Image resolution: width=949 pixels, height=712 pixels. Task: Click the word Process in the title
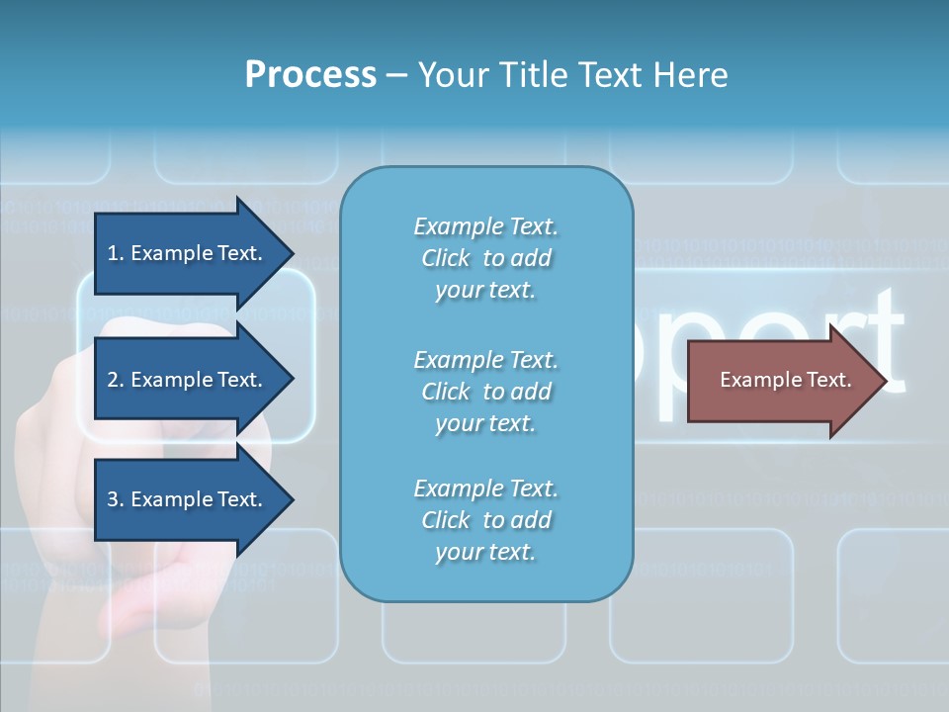(310, 74)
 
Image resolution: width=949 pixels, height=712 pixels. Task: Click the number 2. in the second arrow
(116, 380)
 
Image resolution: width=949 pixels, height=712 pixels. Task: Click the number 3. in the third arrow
(116, 499)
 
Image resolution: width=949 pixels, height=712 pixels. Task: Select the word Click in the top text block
(446, 258)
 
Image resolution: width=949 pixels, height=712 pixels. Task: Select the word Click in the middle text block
(446, 392)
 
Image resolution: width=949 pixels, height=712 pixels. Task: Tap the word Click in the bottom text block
(446, 520)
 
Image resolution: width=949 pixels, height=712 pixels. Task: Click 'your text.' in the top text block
(485, 291)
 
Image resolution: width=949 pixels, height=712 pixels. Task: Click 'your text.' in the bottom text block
(485, 553)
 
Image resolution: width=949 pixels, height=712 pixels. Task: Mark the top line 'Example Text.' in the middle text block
(485, 359)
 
